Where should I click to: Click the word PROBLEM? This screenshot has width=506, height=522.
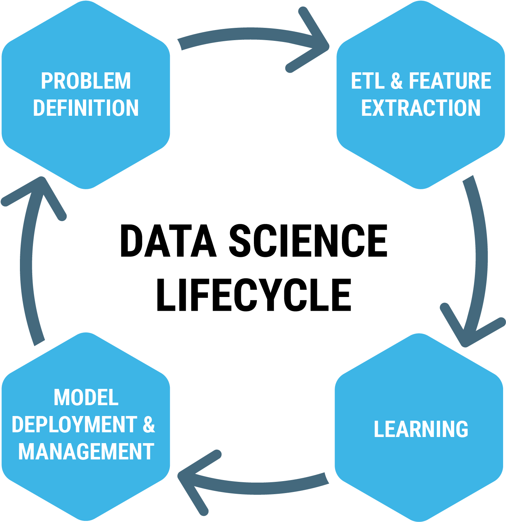(86, 81)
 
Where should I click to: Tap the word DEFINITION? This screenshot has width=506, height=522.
(86, 108)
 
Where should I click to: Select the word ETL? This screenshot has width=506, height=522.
(368, 81)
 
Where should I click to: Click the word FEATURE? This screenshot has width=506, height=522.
(450, 81)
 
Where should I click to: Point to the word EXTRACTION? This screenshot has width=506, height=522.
(421, 108)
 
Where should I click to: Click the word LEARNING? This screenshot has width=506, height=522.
(421, 429)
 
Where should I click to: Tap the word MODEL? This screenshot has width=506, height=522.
(86, 398)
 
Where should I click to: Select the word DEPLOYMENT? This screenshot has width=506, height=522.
(75, 424)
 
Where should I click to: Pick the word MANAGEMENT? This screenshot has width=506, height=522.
(86, 451)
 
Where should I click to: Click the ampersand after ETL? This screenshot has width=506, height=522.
(397, 81)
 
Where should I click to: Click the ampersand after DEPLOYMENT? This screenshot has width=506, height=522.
(149, 424)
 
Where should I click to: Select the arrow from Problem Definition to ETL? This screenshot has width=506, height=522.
(250, 34)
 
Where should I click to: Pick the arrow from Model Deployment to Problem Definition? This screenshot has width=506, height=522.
(26, 268)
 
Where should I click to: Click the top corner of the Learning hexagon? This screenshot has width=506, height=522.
(420, 334)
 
